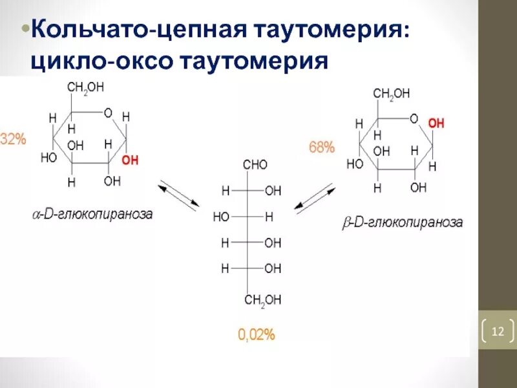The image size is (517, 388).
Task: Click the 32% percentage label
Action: click(12, 139)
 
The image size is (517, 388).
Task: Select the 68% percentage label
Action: click(322, 147)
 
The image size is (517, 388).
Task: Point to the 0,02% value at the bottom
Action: click(257, 334)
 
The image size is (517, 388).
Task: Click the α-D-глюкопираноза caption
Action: click(93, 214)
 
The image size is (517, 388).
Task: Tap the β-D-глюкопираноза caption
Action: click(402, 223)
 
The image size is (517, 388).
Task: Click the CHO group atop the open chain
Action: click(255, 166)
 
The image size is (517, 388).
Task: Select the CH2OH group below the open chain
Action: click(262, 299)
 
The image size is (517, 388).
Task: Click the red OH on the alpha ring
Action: click(130, 160)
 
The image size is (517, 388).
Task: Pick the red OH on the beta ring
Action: click(436, 123)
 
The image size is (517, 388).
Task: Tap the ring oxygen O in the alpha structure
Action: click(108, 113)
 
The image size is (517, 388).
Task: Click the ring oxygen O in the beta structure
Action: click(414, 119)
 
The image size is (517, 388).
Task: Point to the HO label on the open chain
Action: click(221, 217)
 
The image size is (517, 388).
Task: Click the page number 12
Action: click(498, 332)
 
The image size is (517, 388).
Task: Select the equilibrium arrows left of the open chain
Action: click(179, 195)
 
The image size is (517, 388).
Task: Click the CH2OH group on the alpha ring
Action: click(85, 88)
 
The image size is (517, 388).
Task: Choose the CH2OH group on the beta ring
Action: click(392, 94)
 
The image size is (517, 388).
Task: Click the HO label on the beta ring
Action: click(355, 164)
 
